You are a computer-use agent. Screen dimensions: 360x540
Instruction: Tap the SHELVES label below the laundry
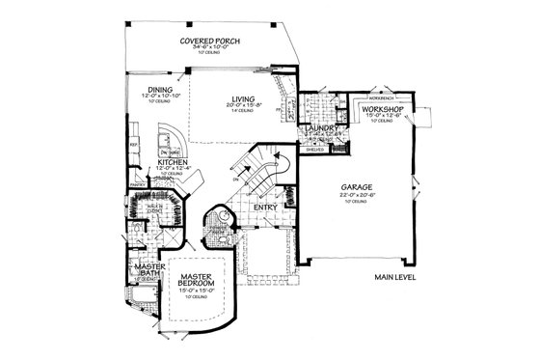313,150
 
